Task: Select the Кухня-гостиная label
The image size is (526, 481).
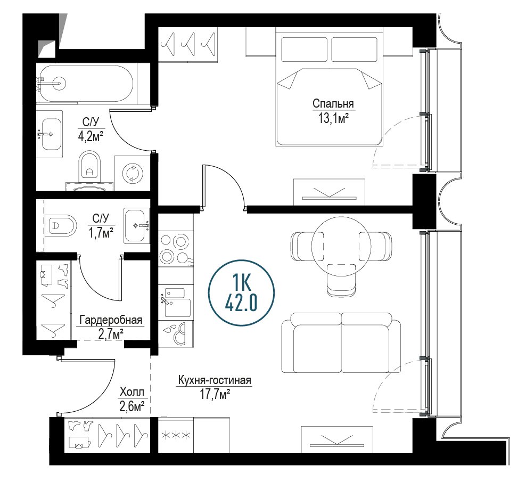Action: click(x=215, y=380)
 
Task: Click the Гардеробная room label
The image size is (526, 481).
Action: click(x=111, y=320)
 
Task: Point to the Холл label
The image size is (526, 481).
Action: click(x=132, y=392)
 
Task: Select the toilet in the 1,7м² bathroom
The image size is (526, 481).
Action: click(x=62, y=225)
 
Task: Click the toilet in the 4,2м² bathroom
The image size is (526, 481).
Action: click(x=89, y=166)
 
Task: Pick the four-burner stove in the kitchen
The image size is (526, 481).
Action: click(x=174, y=248)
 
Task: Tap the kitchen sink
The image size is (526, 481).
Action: click(x=175, y=303)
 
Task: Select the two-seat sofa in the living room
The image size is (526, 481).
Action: click(x=341, y=343)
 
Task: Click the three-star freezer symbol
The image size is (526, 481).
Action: click(x=176, y=435)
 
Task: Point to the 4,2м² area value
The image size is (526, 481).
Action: click(x=90, y=136)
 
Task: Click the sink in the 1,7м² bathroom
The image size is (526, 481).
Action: click(x=137, y=225)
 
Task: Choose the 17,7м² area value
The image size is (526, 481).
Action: click(x=215, y=395)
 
